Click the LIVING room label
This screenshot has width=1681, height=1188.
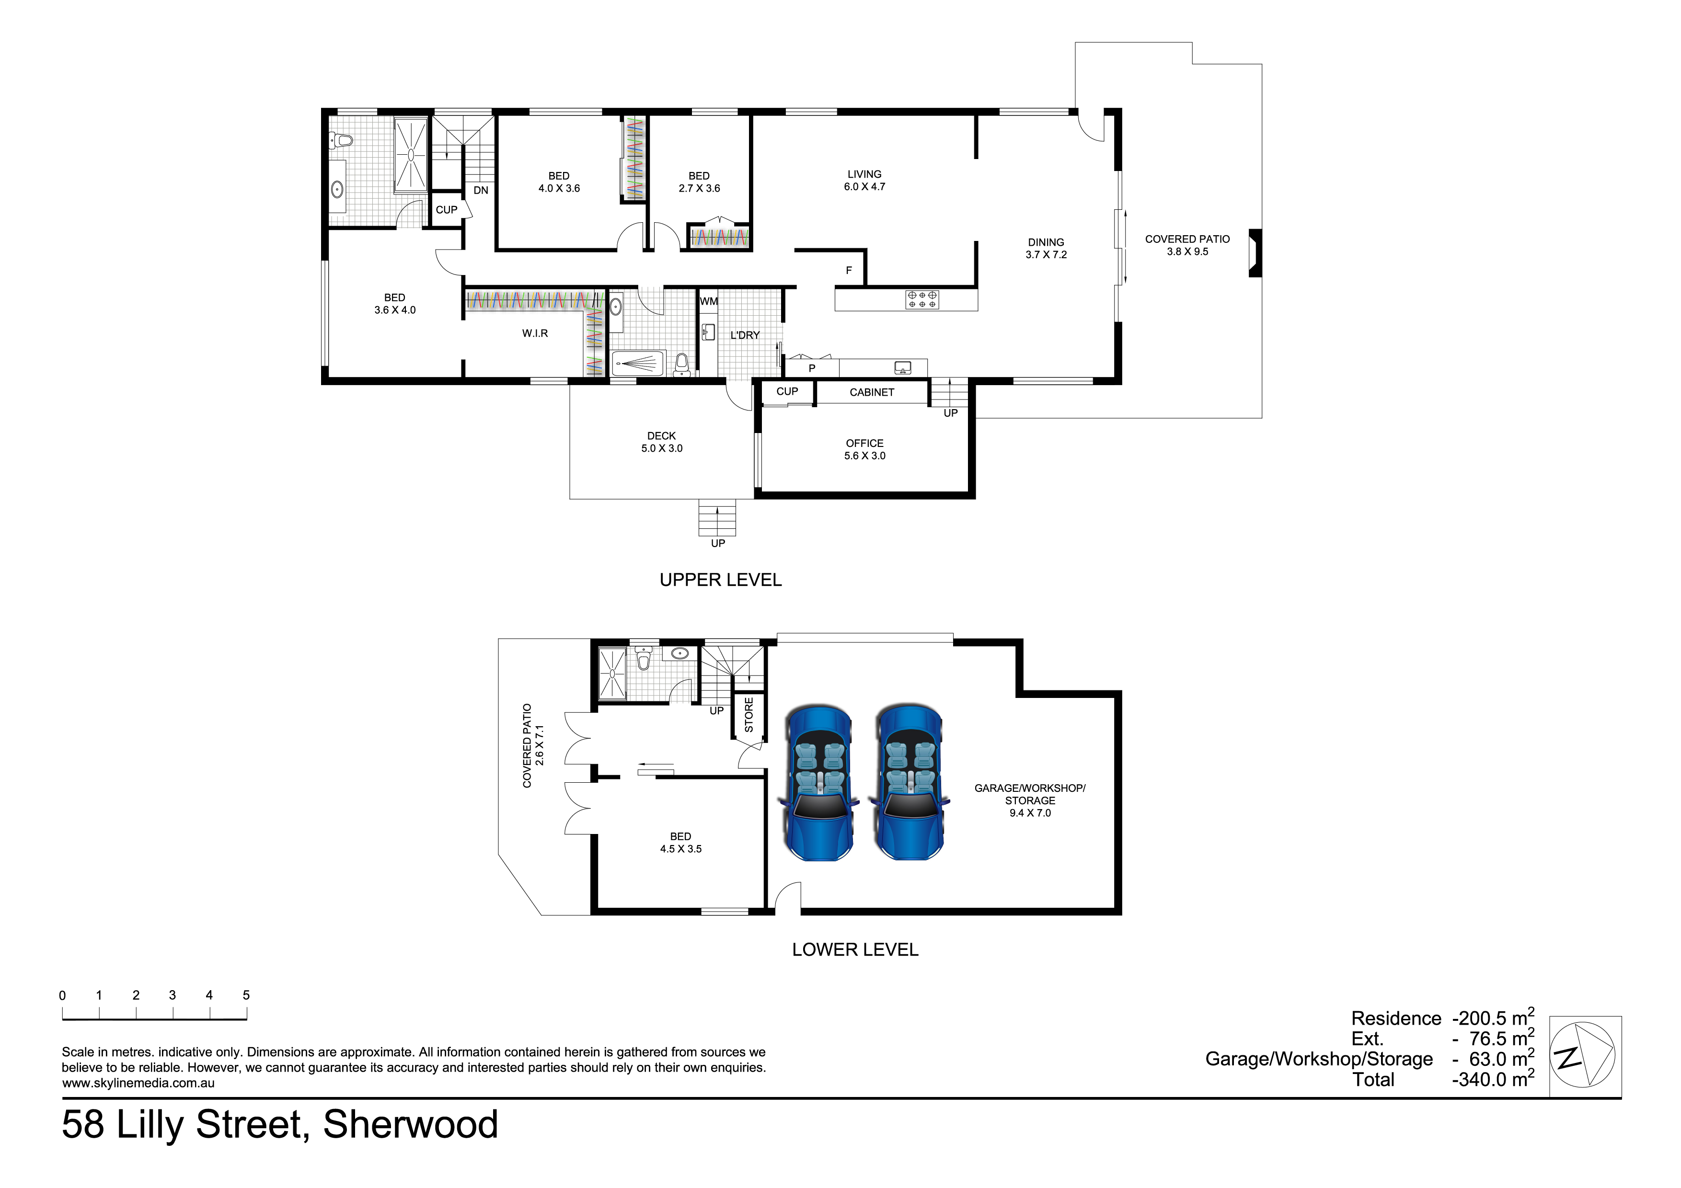[x=864, y=174]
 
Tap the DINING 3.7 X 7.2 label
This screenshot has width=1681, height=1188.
[x=1046, y=248]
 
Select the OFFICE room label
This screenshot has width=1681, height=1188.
[x=864, y=443]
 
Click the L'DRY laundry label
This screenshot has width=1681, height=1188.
[x=745, y=335]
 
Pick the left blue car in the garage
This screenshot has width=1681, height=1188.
[x=819, y=782]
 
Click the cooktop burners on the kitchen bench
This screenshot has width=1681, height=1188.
[x=922, y=299]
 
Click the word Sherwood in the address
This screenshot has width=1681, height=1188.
[x=410, y=1124]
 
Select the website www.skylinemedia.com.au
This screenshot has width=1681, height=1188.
[x=138, y=1083]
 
